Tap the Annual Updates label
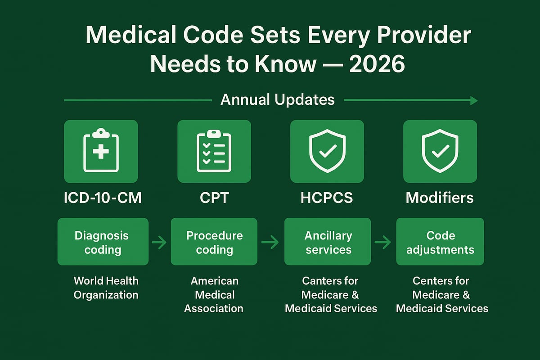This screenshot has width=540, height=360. point(278,99)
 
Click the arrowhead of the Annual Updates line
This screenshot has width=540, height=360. point(473,100)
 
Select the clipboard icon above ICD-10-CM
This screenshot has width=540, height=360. point(101,151)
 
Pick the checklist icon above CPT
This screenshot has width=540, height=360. point(214,151)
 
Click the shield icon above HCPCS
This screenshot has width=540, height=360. point(327,151)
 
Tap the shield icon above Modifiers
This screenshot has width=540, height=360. point(440,151)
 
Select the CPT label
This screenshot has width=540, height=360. point(214,198)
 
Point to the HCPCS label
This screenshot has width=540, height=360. point(327,198)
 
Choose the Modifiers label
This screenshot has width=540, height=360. point(440,198)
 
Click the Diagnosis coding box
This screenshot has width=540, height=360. point(103,242)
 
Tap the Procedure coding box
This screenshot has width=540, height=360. point(214,242)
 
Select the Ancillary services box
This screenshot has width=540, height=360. point(328,242)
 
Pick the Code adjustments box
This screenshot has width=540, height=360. point(440,242)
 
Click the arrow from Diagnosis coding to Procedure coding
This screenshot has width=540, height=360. point(159,243)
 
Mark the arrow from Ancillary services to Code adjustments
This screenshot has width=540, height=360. point(383,243)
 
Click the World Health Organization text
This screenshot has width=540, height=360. point(106,288)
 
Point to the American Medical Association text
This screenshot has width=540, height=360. point(214,295)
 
